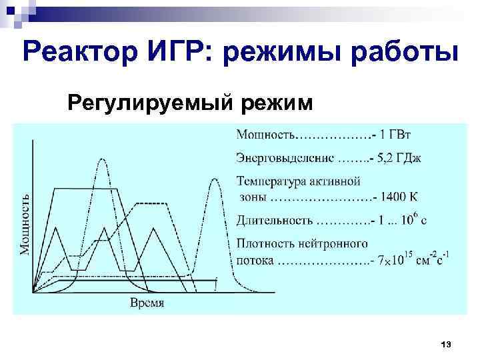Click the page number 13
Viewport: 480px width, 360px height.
[446, 343]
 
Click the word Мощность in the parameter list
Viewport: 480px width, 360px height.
[265, 135]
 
